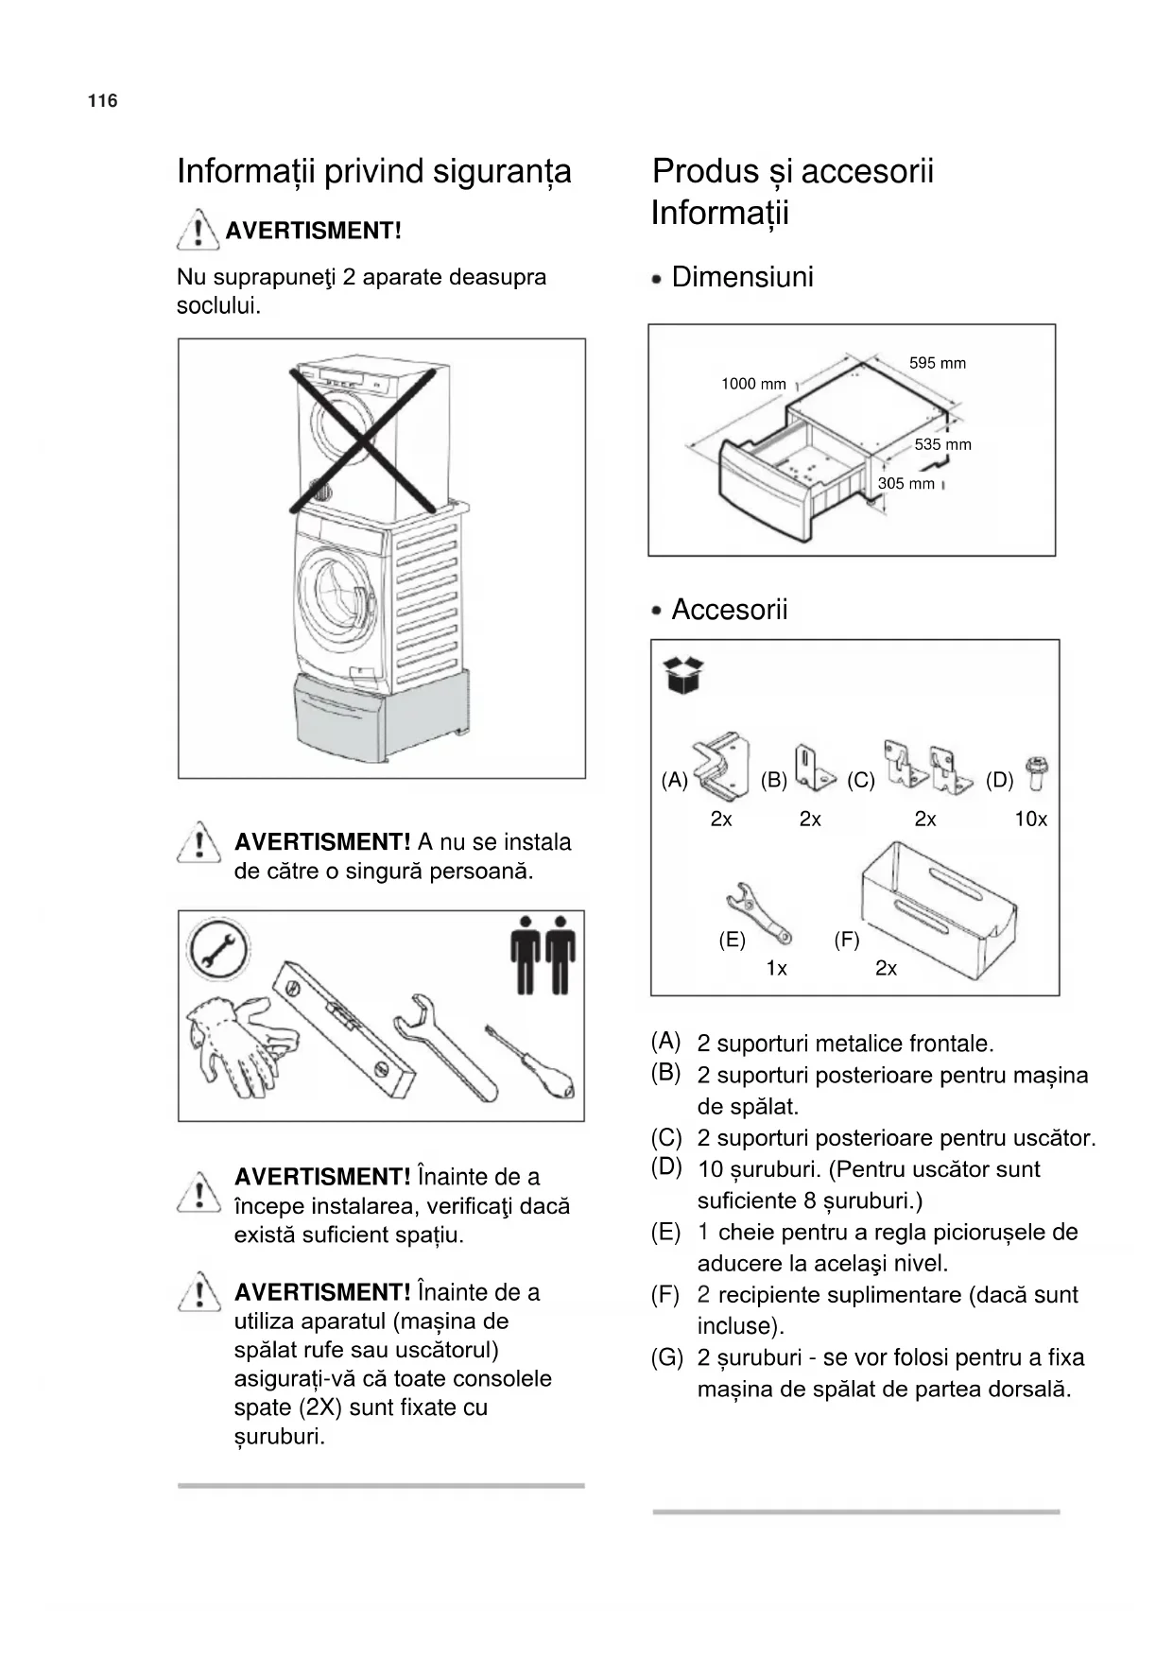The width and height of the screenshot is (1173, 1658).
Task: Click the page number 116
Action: click(x=102, y=101)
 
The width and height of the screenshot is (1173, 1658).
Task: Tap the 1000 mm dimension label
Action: click(x=753, y=384)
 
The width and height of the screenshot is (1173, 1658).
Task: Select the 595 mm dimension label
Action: click(x=937, y=363)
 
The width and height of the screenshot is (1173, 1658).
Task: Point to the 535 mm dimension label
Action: click(x=942, y=444)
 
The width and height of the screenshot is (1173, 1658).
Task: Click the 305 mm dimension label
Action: click(x=906, y=484)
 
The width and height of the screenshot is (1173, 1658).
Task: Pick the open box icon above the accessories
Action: click(x=684, y=675)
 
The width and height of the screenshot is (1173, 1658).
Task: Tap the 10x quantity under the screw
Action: click(x=1030, y=820)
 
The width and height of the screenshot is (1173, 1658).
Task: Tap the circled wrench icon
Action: click(x=218, y=949)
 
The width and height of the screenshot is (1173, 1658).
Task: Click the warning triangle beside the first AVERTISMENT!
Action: click(x=198, y=230)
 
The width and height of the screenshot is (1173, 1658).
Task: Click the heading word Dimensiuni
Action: click(x=742, y=277)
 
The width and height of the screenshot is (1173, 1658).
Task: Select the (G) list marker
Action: click(x=666, y=1358)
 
